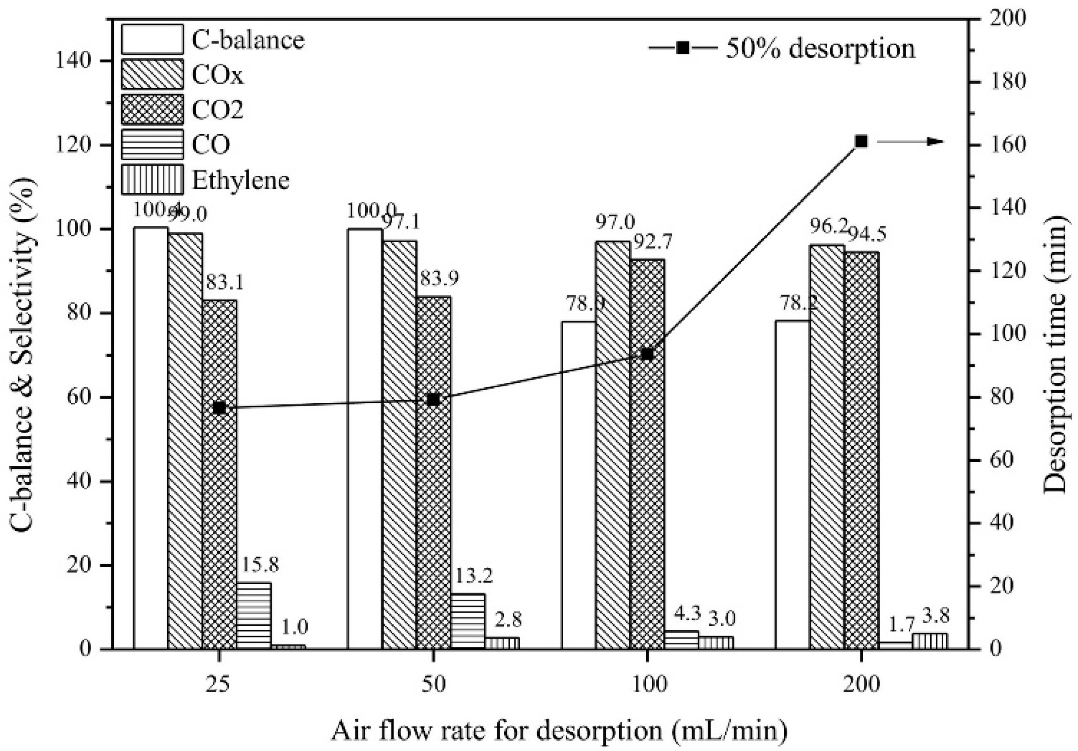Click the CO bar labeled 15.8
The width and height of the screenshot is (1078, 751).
(254, 616)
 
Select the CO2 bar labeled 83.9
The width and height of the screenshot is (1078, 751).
(433, 472)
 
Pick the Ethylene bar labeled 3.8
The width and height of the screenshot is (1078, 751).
(929, 641)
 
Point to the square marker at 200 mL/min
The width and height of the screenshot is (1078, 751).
(861, 141)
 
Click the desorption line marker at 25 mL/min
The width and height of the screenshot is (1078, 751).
(219, 408)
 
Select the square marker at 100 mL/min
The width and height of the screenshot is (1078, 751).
(647, 354)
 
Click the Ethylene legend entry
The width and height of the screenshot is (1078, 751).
(241, 180)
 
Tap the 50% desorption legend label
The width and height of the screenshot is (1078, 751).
(820, 48)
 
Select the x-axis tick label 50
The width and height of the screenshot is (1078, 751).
(433, 685)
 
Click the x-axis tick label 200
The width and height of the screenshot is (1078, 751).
(861, 685)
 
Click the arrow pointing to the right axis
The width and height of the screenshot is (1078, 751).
(911, 142)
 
